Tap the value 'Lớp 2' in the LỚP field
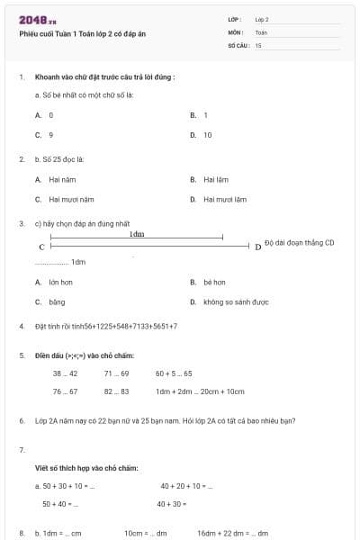pos(262,19)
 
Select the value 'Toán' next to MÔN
pos(261,31)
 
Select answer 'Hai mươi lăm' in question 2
pos(224,200)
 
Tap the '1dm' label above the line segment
pos(137,233)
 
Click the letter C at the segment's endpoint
pos(41,247)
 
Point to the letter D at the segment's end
pos(258,247)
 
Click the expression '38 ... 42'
pos(65,373)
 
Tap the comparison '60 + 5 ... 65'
pos(174,373)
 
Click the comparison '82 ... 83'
pos(116,391)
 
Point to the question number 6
pos(21,420)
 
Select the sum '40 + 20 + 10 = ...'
pos(186,486)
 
